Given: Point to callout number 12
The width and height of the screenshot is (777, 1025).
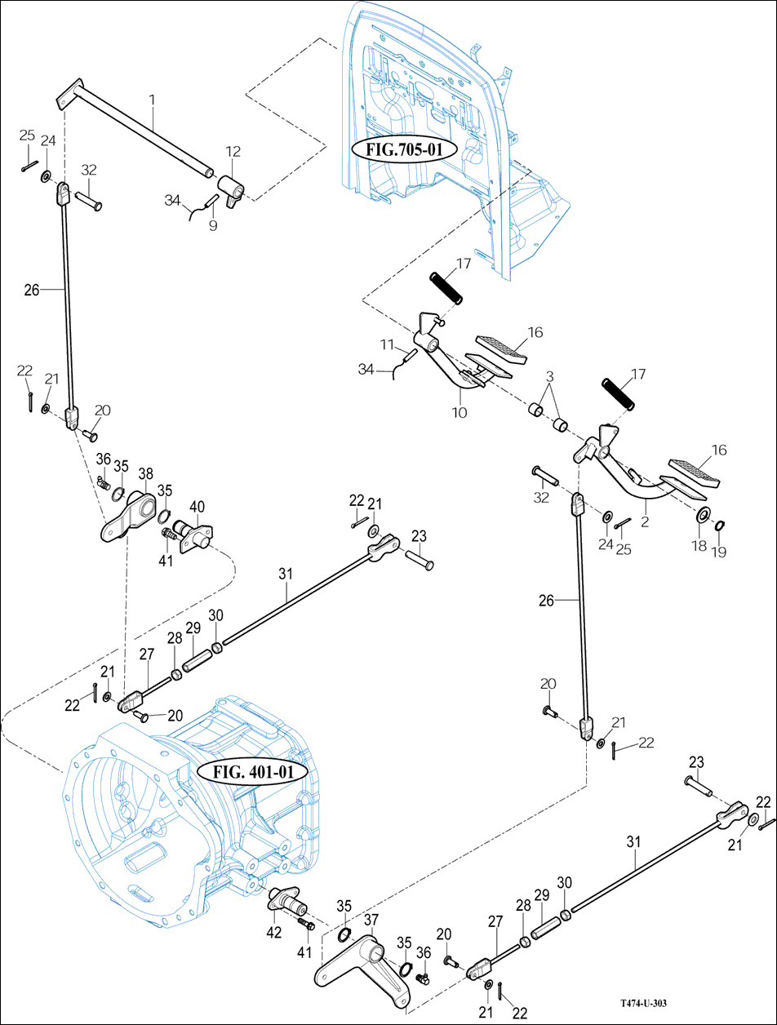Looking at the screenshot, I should pyautogui.click(x=233, y=152).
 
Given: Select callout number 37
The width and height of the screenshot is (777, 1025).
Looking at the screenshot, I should pyautogui.click(x=371, y=921).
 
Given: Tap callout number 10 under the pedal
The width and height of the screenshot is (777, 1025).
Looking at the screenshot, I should pyautogui.click(x=460, y=413).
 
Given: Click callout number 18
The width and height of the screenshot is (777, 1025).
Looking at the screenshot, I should pyautogui.click(x=699, y=546).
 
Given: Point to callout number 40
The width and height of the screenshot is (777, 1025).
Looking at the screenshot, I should pyautogui.click(x=198, y=506).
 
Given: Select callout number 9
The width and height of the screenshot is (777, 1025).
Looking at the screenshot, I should pyautogui.click(x=212, y=225).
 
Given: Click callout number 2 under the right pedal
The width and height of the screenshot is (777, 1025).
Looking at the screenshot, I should pyautogui.click(x=645, y=520).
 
